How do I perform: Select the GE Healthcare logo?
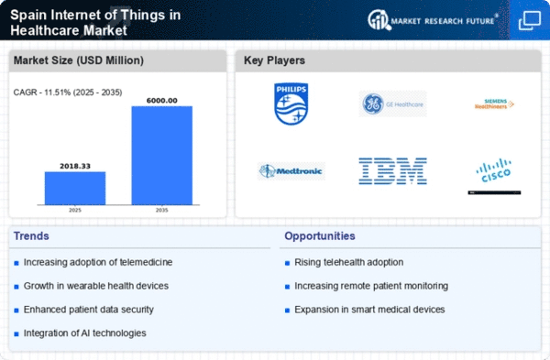pos(391,104)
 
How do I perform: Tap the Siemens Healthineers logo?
pos(494,104)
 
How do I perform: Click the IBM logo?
pos(391,170)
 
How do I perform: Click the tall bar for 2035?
pos(162,155)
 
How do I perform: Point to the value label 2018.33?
pos(75,165)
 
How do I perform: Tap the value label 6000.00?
pos(162,99)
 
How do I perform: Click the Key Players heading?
pos(275,61)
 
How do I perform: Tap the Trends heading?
pos(32,235)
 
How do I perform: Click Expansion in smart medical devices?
pos(368,309)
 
